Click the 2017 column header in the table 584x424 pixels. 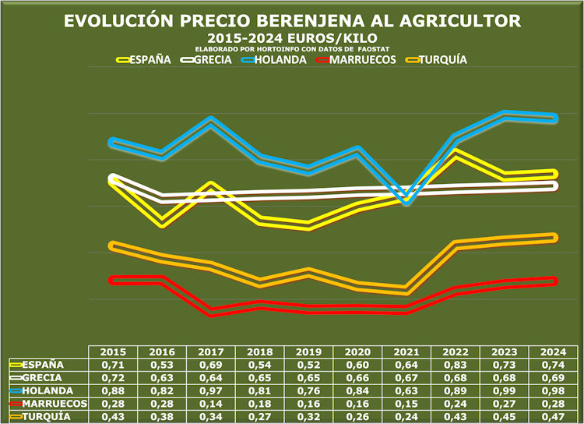[x=212, y=352]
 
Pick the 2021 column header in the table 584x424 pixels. [x=407, y=352]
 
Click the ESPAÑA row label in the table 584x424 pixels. [x=43, y=364]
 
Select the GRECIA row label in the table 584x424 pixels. [x=43, y=377]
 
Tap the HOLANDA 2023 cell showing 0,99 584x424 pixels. [x=505, y=390]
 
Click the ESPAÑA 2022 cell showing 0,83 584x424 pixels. [x=456, y=364]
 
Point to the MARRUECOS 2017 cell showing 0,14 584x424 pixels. [x=212, y=404]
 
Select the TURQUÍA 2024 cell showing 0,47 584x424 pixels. [x=554, y=417]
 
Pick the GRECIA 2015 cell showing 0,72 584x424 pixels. [x=114, y=377]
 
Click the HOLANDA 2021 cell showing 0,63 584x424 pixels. [x=407, y=390]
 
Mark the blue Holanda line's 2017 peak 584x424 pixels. [x=212, y=122]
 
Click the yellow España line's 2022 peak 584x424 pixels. [x=456, y=153]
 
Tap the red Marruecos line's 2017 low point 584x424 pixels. [x=212, y=313]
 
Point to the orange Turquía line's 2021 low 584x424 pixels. [x=407, y=290]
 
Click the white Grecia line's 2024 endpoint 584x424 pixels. [x=554, y=185]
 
